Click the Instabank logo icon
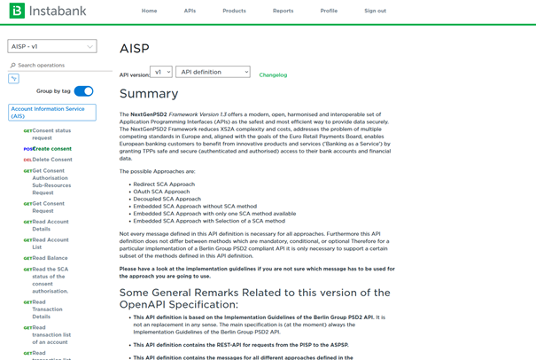pyautogui.click(x=16, y=11)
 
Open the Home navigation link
pyautogui.click(x=149, y=11)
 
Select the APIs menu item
pyautogui.click(x=190, y=11)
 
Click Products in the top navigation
pyautogui.click(x=234, y=11)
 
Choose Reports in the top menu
pyautogui.click(x=283, y=11)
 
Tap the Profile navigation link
pyautogui.click(x=329, y=11)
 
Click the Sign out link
pyautogui.click(x=375, y=11)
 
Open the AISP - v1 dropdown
pyautogui.click(x=52, y=46)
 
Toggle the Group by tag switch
pyautogui.click(x=83, y=91)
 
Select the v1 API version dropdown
pyautogui.click(x=161, y=72)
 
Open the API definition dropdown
pyautogui.click(x=213, y=72)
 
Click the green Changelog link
pyautogui.click(x=273, y=75)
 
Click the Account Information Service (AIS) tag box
pyautogui.click(x=52, y=113)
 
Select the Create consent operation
pyautogui.click(x=51, y=149)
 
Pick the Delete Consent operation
pyautogui.click(x=51, y=160)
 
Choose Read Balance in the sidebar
pyautogui.click(x=50, y=258)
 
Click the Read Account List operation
pyautogui.click(x=50, y=243)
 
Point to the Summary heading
pyautogui.click(x=149, y=94)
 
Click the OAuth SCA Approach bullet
pyautogui.click(x=161, y=192)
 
